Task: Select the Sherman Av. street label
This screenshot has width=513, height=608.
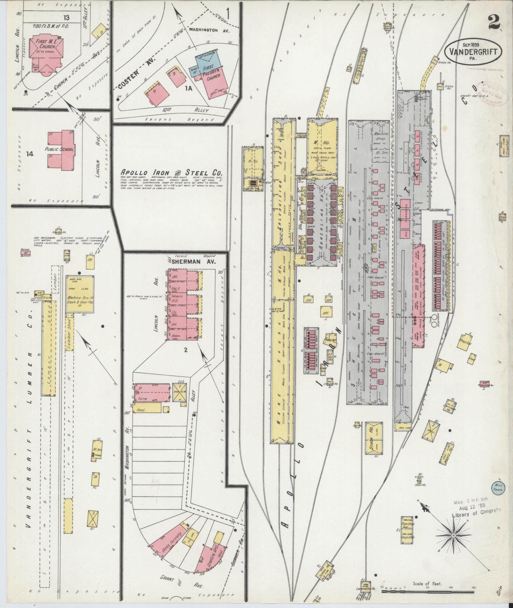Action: pos(194,262)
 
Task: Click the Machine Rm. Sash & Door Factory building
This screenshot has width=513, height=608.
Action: pos(80,294)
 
